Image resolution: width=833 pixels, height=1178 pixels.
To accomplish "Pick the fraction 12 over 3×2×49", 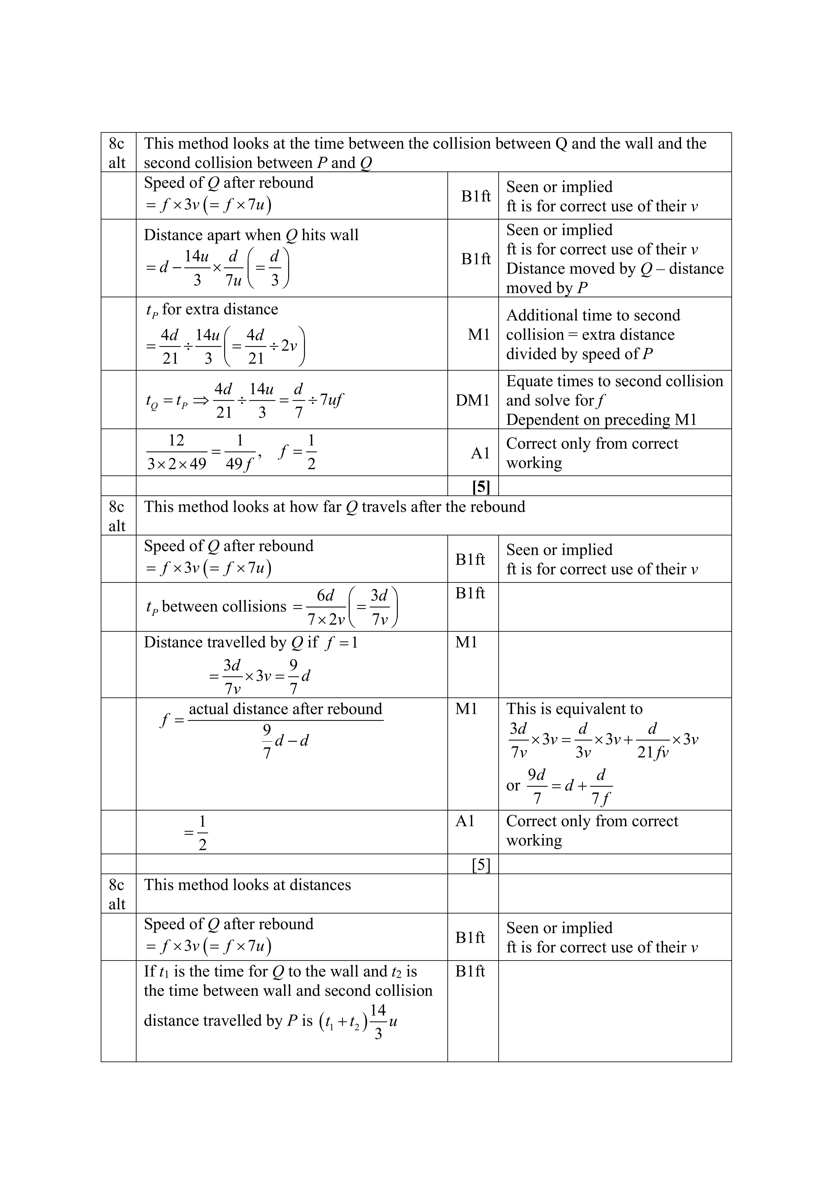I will tap(176, 452).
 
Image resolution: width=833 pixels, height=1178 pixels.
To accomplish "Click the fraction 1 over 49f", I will tap(239, 452).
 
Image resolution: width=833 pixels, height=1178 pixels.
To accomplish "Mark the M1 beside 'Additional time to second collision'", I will tap(479, 335).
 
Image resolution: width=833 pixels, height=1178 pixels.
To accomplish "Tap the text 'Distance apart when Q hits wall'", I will tap(251, 235).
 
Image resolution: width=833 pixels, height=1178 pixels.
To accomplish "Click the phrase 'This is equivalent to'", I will tap(574, 709).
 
